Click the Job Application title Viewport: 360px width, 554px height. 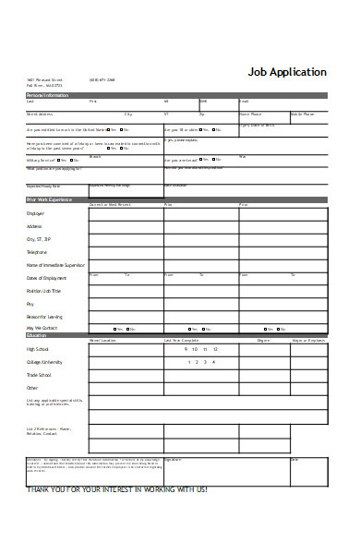(286, 72)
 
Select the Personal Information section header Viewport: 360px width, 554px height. (48, 95)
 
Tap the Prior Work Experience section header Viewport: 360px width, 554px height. (50, 199)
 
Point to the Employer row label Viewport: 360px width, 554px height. (36, 213)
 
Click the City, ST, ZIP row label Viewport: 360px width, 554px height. (39, 238)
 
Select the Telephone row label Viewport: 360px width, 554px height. (37, 251)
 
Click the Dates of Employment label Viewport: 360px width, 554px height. (46, 278)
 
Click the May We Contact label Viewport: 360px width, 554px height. (42, 329)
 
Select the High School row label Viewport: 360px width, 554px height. (38, 349)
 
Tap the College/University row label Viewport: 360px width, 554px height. (45, 362)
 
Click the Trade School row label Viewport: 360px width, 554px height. (39, 375)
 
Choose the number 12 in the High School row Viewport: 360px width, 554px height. (215, 349)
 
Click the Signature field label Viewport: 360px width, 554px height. (173, 459)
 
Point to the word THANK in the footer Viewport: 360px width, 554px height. (42, 488)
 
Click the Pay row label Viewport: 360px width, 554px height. (30, 304)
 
